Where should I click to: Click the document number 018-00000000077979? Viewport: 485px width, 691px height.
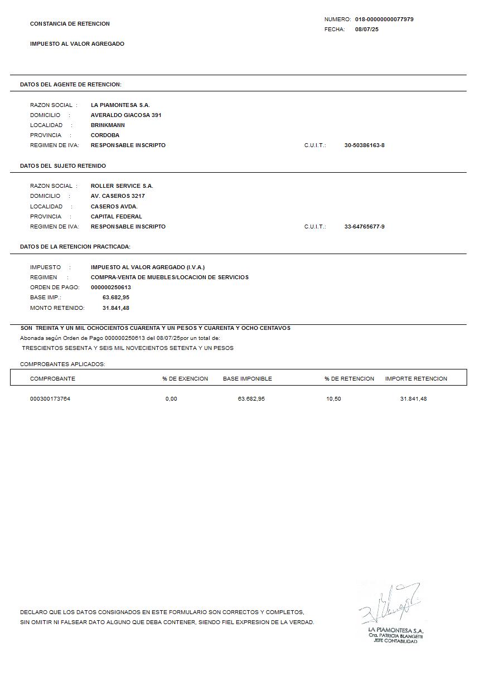click(x=384, y=20)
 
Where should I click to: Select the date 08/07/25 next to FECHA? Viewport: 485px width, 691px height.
click(x=367, y=30)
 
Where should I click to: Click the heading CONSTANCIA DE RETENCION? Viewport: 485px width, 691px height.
click(x=70, y=24)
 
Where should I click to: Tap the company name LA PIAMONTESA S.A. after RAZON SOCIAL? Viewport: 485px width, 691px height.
click(x=120, y=105)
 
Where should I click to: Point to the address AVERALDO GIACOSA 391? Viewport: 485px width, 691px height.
click(x=126, y=115)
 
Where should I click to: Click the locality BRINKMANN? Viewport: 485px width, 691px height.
click(x=108, y=125)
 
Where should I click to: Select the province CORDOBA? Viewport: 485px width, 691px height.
click(x=105, y=135)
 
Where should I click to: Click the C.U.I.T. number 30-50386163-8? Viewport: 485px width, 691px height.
click(x=365, y=145)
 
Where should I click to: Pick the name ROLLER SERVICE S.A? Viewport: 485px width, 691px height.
click(x=122, y=186)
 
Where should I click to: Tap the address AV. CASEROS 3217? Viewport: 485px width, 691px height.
click(x=118, y=196)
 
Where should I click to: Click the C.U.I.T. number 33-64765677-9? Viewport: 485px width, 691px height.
click(x=365, y=227)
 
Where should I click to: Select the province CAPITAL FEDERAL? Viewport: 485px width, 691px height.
click(x=117, y=217)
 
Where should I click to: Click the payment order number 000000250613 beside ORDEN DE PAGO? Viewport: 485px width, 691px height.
click(x=111, y=288)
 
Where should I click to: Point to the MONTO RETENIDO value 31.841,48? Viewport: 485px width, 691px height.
click(x=116, y=308)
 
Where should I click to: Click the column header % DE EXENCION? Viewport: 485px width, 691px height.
click(x=185, y=379)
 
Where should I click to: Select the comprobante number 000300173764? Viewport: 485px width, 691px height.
click(x=50, y=399)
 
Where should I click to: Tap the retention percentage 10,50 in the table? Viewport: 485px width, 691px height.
click(x=333, y=399)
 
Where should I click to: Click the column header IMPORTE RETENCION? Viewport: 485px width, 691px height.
click(x=416, y=379)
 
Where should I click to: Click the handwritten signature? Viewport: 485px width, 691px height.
click(x=390, y=604)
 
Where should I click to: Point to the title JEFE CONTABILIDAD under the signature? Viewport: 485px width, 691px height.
click(x=395, y=641)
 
